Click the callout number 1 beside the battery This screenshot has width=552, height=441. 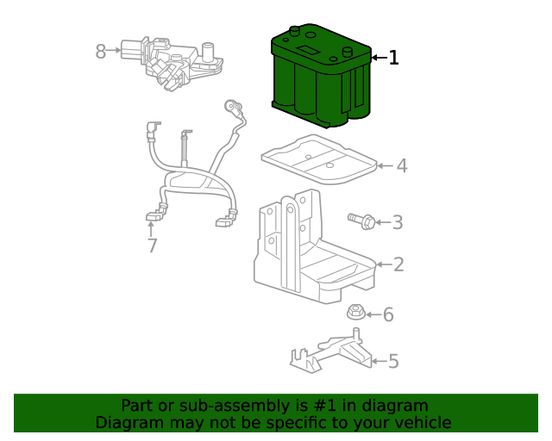tap(393, 58)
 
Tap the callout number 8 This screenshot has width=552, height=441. tap(101, 52)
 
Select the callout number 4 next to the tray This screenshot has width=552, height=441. tap(402, 165)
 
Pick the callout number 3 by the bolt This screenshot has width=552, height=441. tap(398, 222)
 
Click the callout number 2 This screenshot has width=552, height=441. tap(398, 264)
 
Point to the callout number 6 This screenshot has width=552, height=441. tap(388, 314)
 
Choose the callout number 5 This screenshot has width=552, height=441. tap(393, 361)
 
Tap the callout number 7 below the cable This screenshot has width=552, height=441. tap(152, 245)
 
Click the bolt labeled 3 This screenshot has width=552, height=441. tap(361, 221)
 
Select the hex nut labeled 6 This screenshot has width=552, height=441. tap(356, 313)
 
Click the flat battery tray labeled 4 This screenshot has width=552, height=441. tap(319, 159)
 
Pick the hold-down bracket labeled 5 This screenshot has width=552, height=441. tap(331, 351)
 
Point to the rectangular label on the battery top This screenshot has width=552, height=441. tap(308, 50)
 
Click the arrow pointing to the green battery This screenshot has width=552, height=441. tap(379, 58)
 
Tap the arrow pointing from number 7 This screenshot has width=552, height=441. tap(151, 229)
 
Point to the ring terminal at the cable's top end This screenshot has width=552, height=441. tap(232, 105)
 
